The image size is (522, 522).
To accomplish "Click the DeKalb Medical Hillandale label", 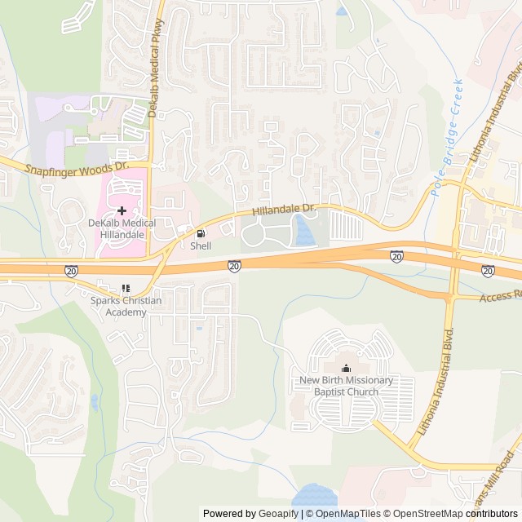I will [117, 228].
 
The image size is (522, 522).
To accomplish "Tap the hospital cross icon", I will [122, 210].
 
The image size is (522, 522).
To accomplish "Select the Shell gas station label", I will [200, 245].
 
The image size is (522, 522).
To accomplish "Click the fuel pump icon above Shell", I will [201, 232].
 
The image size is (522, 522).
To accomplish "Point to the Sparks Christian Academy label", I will [126, 307].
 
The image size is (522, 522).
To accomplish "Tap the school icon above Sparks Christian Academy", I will [126, 288].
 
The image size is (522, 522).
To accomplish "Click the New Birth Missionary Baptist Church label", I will [346, 386].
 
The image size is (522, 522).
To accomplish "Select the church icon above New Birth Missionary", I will [346, 368].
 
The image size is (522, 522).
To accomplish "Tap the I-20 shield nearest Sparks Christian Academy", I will [71, 270].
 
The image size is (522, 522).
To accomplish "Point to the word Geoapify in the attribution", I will [279, 514].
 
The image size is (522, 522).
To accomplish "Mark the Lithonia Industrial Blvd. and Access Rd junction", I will [449, 299].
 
